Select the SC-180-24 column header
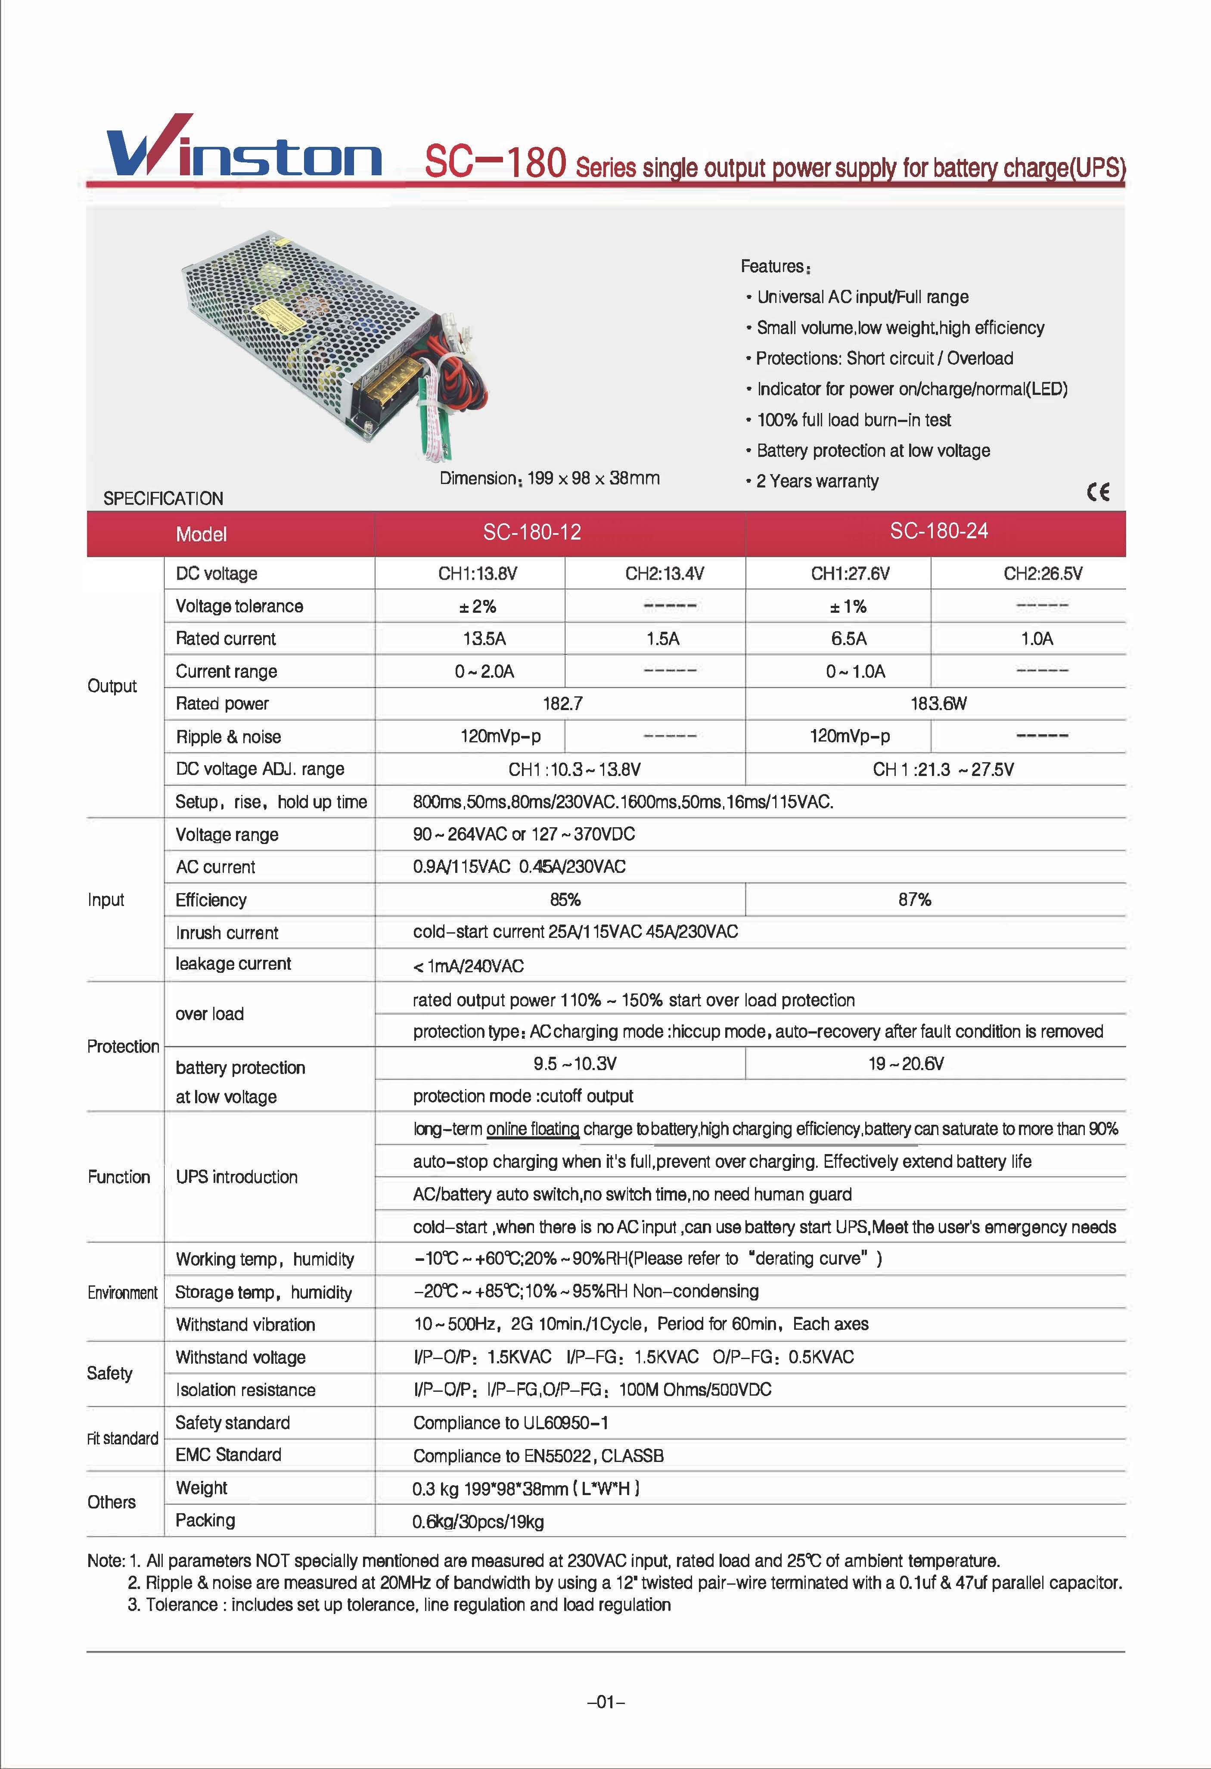(x=938, y=531)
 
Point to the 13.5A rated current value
(x=484, y=639)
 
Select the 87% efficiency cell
(x=914, y=900)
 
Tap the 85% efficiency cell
(x=565, y=900)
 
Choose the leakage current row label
(x=233, y=964)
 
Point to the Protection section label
(x=123, y=1047)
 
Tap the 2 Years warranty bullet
(x=817, y=481)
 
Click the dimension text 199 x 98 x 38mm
(x=550, y=478)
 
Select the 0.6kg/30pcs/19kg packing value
(x=478, y=1522)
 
